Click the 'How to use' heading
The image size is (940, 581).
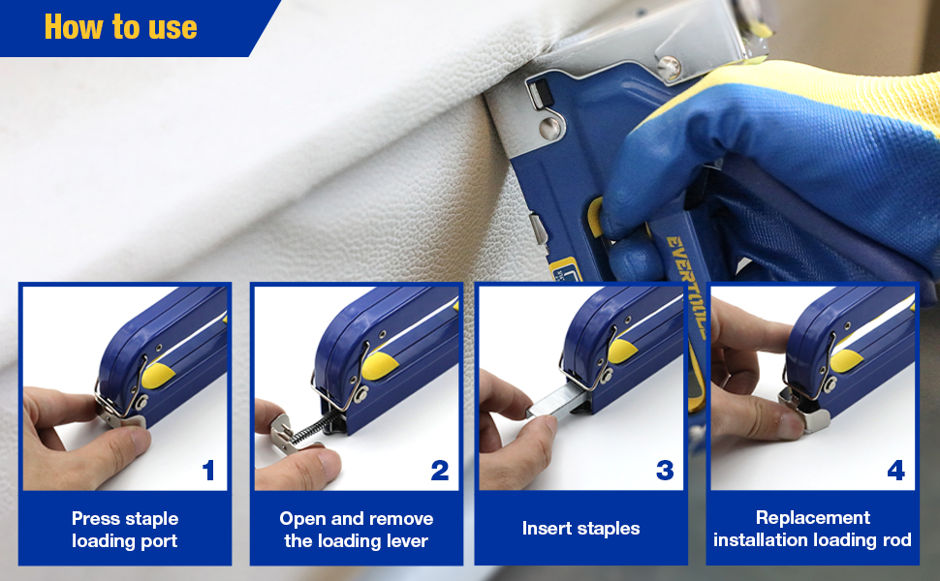(x=120, y=26)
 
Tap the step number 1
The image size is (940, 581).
(x=208, y=472)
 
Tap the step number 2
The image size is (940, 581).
(x=440, y=472)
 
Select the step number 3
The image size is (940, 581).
(x=665, y=472)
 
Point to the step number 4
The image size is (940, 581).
(x=895, y=472)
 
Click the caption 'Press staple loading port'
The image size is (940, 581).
(x=125, y=530)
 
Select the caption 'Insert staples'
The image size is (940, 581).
(x=580, y=529)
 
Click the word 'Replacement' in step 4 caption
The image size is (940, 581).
(x=812, y=518)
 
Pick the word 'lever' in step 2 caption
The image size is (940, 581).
(x=405, y=540)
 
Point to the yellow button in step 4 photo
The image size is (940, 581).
(x=846, y=361)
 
